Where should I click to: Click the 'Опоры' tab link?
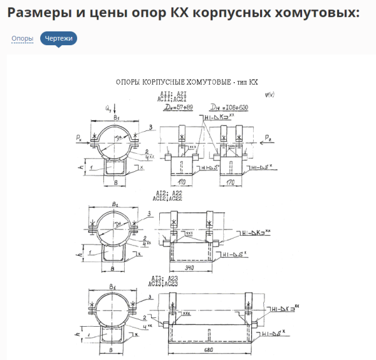(22, 39)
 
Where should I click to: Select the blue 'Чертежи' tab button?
(58, 39)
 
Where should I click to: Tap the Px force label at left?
(78, 135)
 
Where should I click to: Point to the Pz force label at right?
(268, 136)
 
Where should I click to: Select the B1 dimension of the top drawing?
(117, 117)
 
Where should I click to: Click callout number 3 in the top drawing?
(150, 128)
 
